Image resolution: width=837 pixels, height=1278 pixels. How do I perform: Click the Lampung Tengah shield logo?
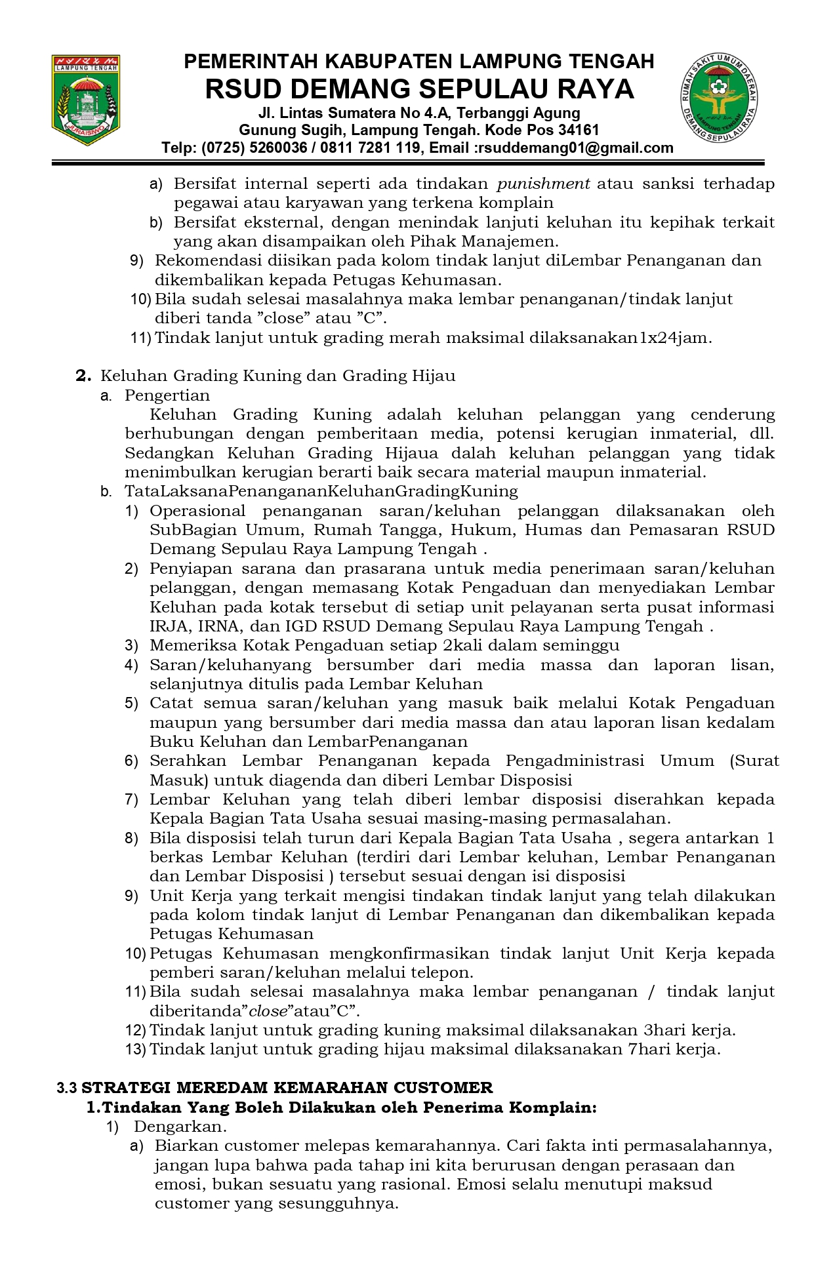87,100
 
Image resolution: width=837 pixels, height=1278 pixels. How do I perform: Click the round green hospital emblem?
720,96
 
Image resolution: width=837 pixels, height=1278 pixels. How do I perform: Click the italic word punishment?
543,184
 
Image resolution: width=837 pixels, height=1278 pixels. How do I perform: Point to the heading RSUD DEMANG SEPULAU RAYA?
419,89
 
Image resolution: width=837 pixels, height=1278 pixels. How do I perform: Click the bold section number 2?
83,376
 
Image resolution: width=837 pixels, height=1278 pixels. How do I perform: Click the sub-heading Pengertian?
167,395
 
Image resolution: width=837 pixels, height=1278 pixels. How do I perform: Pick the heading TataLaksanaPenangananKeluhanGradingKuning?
321,491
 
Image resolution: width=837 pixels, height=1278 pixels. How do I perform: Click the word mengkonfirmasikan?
409,953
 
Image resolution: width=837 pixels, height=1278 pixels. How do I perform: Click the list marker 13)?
135,1049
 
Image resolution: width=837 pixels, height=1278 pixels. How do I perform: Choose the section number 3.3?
67,1088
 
